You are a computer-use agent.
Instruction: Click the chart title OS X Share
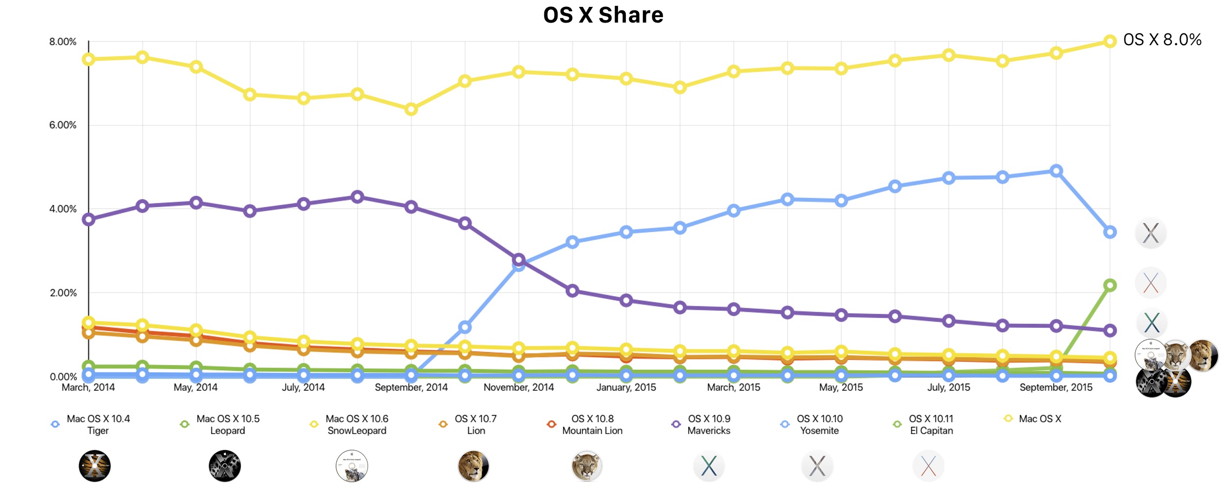click(x=603, y=15)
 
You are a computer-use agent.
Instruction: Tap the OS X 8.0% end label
click(x=1162, y=40)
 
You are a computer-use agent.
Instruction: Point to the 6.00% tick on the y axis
click(x=63, y=125)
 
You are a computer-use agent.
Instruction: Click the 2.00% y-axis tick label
click(x=63, y=293)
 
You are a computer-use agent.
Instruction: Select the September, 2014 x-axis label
click(x=411, y=387)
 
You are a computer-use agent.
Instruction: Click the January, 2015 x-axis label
click(x=626, y=387)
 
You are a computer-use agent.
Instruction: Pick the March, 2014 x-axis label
click(x=88, y=387)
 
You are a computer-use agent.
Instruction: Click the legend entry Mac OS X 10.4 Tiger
click(x=98, y=425)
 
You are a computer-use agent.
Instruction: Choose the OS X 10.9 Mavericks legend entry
click(x=709, y=425)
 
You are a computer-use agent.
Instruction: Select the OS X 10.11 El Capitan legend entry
click(x=931, y=425)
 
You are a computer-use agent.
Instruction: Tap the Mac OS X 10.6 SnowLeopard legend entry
click(x=357, y=425)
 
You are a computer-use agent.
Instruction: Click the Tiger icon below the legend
click(x=95, y=466)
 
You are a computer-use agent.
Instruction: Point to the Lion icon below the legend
click(x=473, y=466)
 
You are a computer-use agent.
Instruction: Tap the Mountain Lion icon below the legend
click(x=587, y=466)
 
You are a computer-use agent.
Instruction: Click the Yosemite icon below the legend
click(x=817, y=466)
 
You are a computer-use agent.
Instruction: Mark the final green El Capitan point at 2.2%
click(x=1110, y=285)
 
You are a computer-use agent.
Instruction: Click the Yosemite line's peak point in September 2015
click(x=1056, y=171)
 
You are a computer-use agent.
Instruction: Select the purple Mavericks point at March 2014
click(x=89, y=219)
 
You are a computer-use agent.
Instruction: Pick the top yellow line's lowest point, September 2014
click(x=411, y=109)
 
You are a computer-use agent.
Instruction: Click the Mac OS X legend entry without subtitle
click(x=1040, y=419)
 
